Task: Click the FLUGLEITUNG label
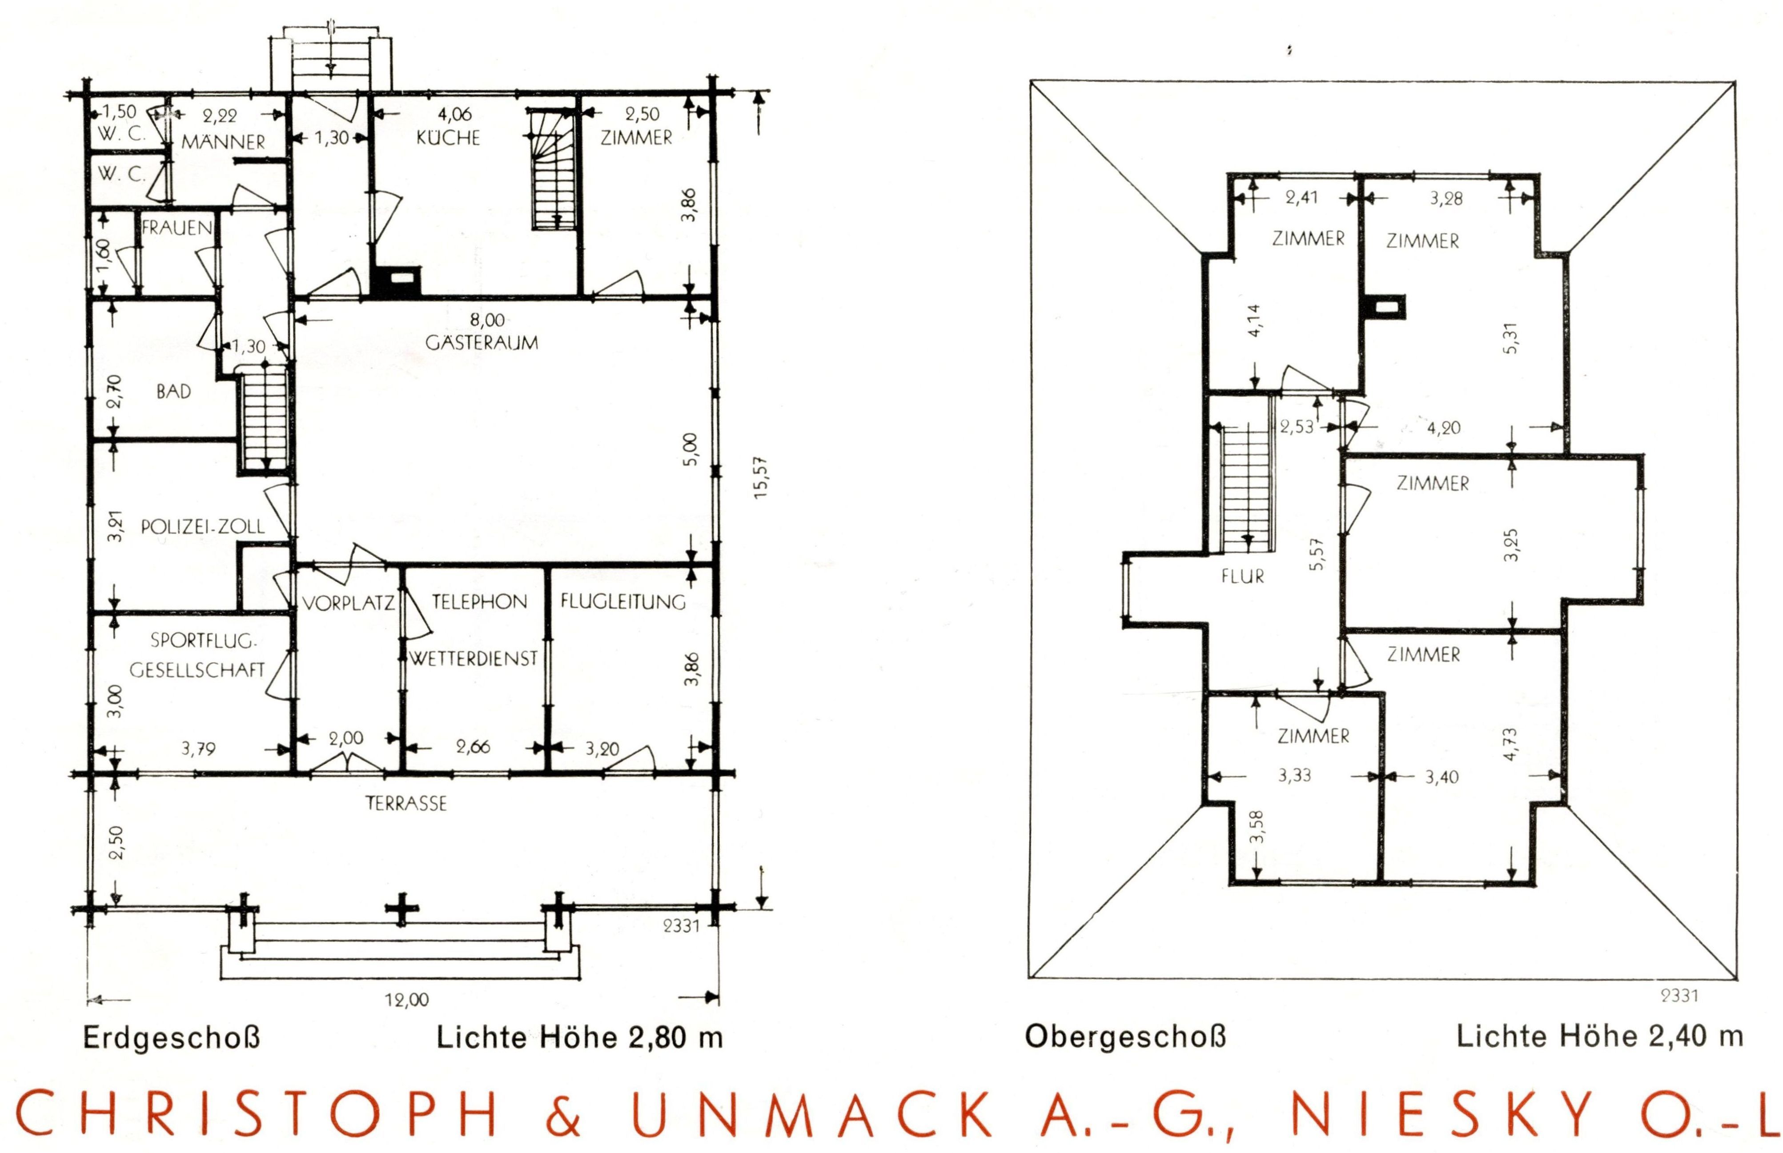coord(623,602)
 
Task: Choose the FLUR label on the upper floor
coord(1242,576)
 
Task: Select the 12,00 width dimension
coord(407,1000)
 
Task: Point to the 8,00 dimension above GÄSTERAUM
coord(487,320)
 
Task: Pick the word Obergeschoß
coord(1125,1038)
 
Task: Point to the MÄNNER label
coord(224,141)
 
